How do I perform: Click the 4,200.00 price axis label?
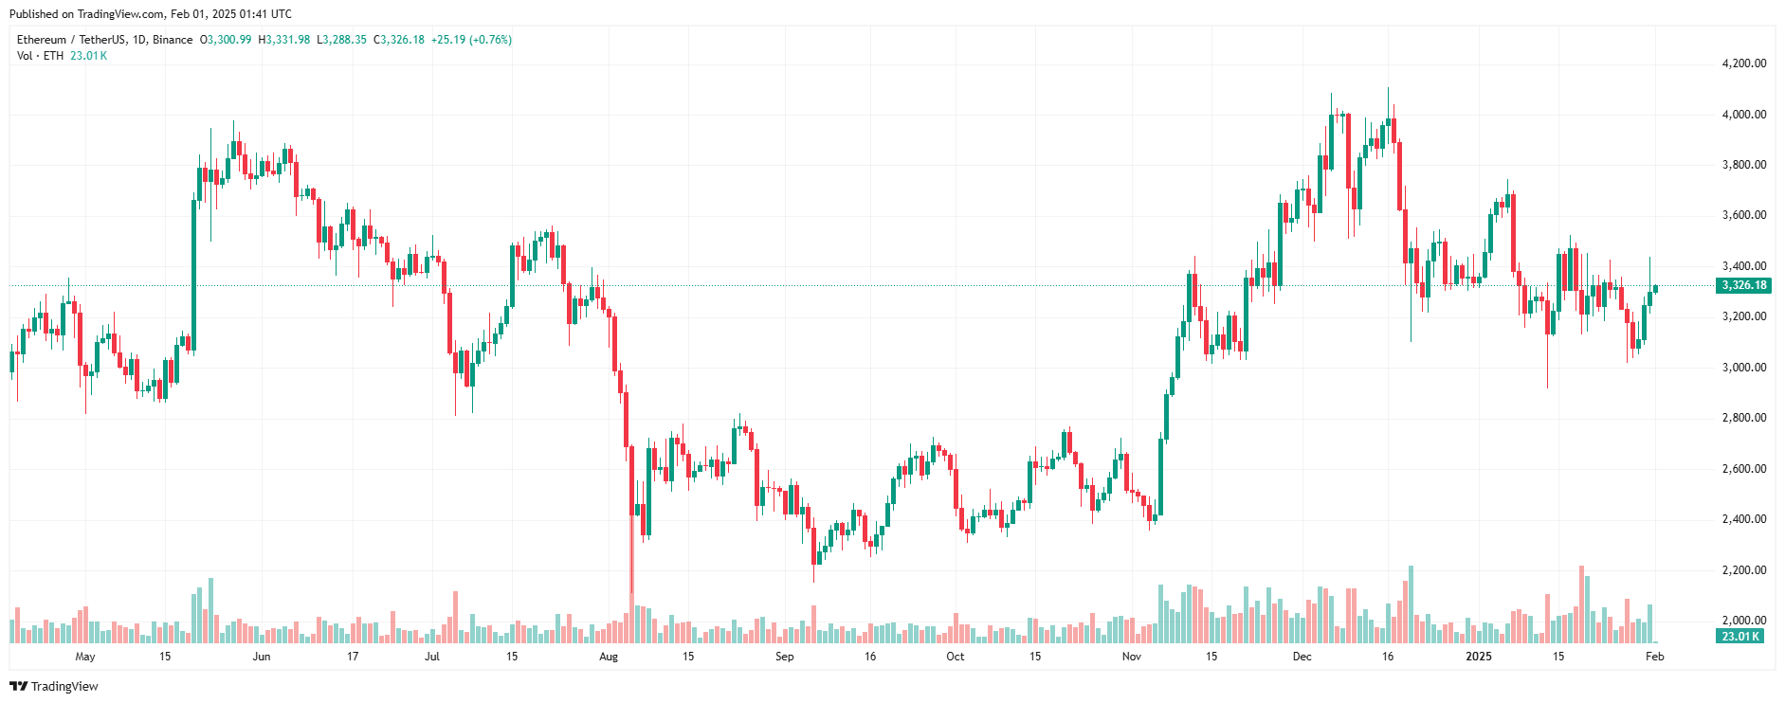[1743, 63]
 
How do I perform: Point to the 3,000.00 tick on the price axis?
[1743, 368]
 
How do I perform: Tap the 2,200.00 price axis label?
[1743, 570]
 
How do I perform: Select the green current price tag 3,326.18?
[1743, 285]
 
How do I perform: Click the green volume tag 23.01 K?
[1740, 637]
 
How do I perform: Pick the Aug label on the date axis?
[609, 657]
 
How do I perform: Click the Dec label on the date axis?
[1302, 657]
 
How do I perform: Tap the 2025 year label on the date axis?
[1478, 657]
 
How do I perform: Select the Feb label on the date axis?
[1654, 657]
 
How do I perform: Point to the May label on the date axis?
[85, 657]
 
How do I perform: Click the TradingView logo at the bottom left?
[54, 686]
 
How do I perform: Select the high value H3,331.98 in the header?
[284, 40]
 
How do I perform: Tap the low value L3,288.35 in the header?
[341, 40]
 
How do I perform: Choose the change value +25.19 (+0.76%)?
[471, 40]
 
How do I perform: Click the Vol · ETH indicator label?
[41, 56]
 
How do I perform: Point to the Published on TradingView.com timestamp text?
[151, 14]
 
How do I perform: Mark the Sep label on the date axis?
[784, 657]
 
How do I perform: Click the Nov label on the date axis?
[1131, 657]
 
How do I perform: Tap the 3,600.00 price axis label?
[1743, 215]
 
